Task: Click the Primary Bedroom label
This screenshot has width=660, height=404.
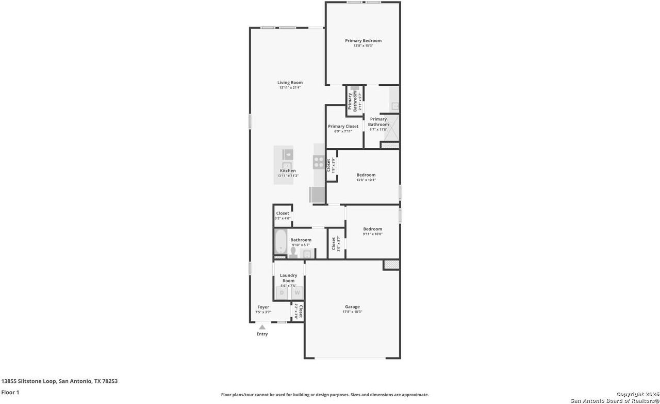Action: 363,41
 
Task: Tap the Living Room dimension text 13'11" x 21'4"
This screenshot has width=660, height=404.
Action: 290,88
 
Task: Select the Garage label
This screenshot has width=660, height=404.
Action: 352,307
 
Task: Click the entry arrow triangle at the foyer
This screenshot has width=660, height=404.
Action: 262,327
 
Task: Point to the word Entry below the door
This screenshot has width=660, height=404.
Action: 262,334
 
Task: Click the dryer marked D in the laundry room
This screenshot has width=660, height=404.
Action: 282,293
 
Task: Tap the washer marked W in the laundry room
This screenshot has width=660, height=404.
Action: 297,293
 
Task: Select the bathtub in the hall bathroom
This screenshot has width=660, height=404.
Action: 281,242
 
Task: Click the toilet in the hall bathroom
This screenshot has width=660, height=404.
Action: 293,252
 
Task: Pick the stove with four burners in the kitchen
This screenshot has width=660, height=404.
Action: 319,162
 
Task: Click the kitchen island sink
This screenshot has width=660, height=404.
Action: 287,154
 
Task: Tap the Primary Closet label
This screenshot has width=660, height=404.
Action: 343,127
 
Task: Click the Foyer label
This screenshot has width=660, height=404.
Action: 263,307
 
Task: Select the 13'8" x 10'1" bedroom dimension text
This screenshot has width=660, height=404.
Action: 366,180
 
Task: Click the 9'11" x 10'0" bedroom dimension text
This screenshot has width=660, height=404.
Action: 372,235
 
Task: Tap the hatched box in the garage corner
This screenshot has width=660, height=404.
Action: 391,265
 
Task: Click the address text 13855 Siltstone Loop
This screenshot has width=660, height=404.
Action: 59,381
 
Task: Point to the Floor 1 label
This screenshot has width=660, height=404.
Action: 10,393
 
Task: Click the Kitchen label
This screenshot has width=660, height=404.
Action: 288,171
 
